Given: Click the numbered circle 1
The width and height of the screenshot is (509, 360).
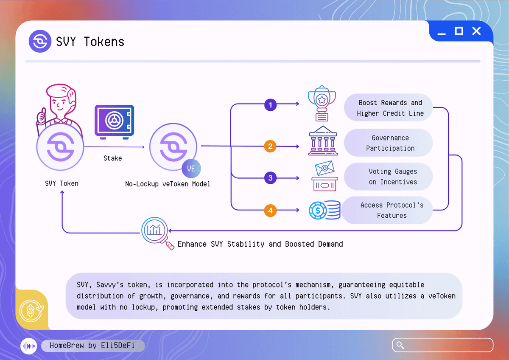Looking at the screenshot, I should [270, 104].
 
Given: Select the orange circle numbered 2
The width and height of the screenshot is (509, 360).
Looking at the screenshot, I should [270, 146].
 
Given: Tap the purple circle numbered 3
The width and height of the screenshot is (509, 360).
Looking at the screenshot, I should [270, 177].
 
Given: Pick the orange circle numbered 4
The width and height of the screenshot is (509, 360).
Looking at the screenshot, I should [270, 210].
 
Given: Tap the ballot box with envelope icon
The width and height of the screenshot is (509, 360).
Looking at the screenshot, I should [324, 177].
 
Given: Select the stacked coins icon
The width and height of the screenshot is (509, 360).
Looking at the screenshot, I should [324, 210].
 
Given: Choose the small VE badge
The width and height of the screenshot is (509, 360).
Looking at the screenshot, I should [191, 169].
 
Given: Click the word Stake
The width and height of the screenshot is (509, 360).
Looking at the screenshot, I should [112, 158].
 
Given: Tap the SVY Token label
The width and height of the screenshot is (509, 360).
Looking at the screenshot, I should [62, 184].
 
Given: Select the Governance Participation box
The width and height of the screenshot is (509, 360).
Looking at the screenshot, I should [390, 143].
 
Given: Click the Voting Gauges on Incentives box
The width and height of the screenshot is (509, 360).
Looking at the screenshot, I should [390, 177].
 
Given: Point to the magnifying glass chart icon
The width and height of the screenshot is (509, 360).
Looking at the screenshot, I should [155, 231].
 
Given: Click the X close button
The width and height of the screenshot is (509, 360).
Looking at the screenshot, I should [476, 31].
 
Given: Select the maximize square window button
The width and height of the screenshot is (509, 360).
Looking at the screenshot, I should [459, 31].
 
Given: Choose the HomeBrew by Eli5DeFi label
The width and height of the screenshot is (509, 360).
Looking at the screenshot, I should [92, 346].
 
